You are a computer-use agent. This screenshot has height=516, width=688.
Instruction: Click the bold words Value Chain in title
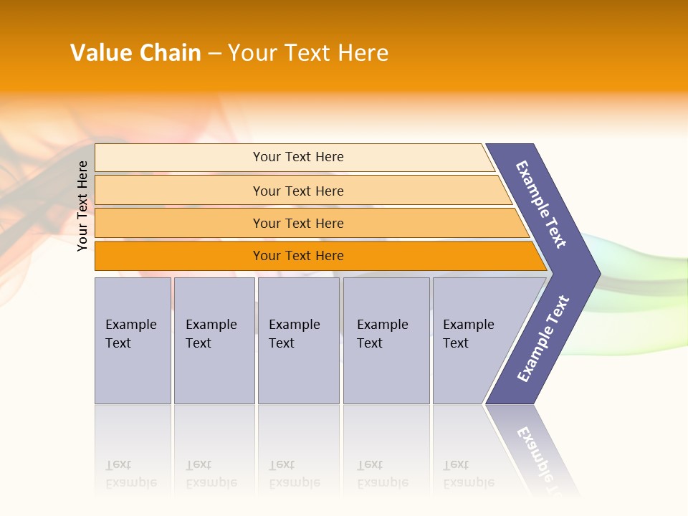pyautogui.click(x=135, y=53)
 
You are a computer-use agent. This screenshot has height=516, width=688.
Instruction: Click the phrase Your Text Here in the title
pyautogui.click(x=308, y=53)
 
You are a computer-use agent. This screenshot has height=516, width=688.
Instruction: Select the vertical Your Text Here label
pyautogui.click(x=83, y=206)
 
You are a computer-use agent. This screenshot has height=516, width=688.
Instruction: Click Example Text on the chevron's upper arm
pyautogui.click(x=541, y=204)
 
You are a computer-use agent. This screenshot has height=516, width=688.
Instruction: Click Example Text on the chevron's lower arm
pyautogui.click(x=543, y=339)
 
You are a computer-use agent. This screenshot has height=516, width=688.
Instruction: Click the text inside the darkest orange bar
pyautogui.click(x=298, y=256)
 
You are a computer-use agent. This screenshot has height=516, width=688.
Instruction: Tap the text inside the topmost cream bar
pyautogui.click(x=298, y=157)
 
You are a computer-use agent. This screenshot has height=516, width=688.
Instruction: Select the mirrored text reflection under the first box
pyautogui.click(x=130, y=474)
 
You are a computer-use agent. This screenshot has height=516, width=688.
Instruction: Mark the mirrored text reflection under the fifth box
pyautogui.click(x=468, y=474)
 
